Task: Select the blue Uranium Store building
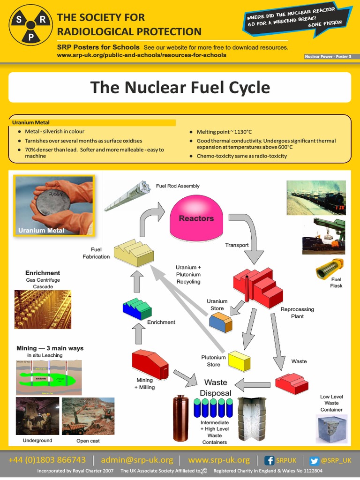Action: (220, 322)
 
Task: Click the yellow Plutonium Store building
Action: (239, 360)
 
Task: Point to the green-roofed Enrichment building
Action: (137, 308)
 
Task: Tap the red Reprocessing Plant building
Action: (258, 285)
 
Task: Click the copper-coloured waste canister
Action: (180, 418)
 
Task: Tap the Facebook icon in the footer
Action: (270, 460)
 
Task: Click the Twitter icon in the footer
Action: (314, 460)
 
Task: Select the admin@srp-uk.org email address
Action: (137, 460)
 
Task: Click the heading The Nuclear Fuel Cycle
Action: (180, 87)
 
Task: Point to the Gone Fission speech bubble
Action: (298, 20)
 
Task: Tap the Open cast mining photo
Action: (88, 416)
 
